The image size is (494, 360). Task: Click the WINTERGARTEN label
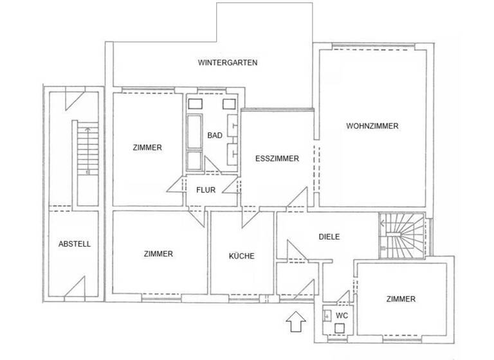tap(228, 63)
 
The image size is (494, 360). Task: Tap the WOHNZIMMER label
tap(372, 126)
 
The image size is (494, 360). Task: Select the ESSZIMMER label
tap(277, 159)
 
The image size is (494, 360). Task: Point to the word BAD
tap(215, 136)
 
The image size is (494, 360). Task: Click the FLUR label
tap(206, 190)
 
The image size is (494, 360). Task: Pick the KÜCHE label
tap(242, 256)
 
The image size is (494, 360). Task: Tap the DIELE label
tap(329, 237)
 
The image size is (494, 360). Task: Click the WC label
tap(342, 316)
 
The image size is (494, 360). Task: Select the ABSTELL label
tap(74, 244)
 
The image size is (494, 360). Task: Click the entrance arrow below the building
tap(296, 320)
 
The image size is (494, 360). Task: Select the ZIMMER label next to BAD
tap(147, 147)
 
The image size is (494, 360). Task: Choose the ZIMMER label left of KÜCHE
tap(158, 254)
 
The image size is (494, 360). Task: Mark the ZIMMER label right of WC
tap(401, 299)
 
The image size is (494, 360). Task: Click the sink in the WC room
tap(327, 315)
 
